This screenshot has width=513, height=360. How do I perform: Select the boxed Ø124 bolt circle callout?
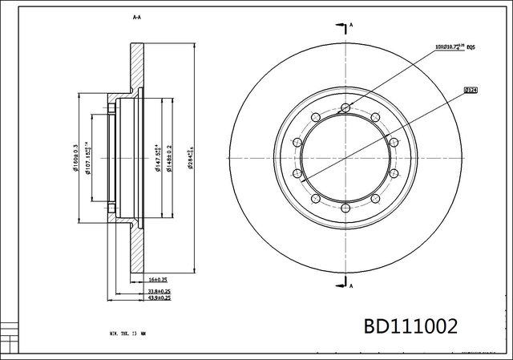tap(471, 91)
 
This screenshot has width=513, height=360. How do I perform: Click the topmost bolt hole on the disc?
tap(345, 108)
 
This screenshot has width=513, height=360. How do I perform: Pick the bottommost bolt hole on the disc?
tap(345, 209)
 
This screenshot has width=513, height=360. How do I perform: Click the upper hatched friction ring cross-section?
tap(137, 68)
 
